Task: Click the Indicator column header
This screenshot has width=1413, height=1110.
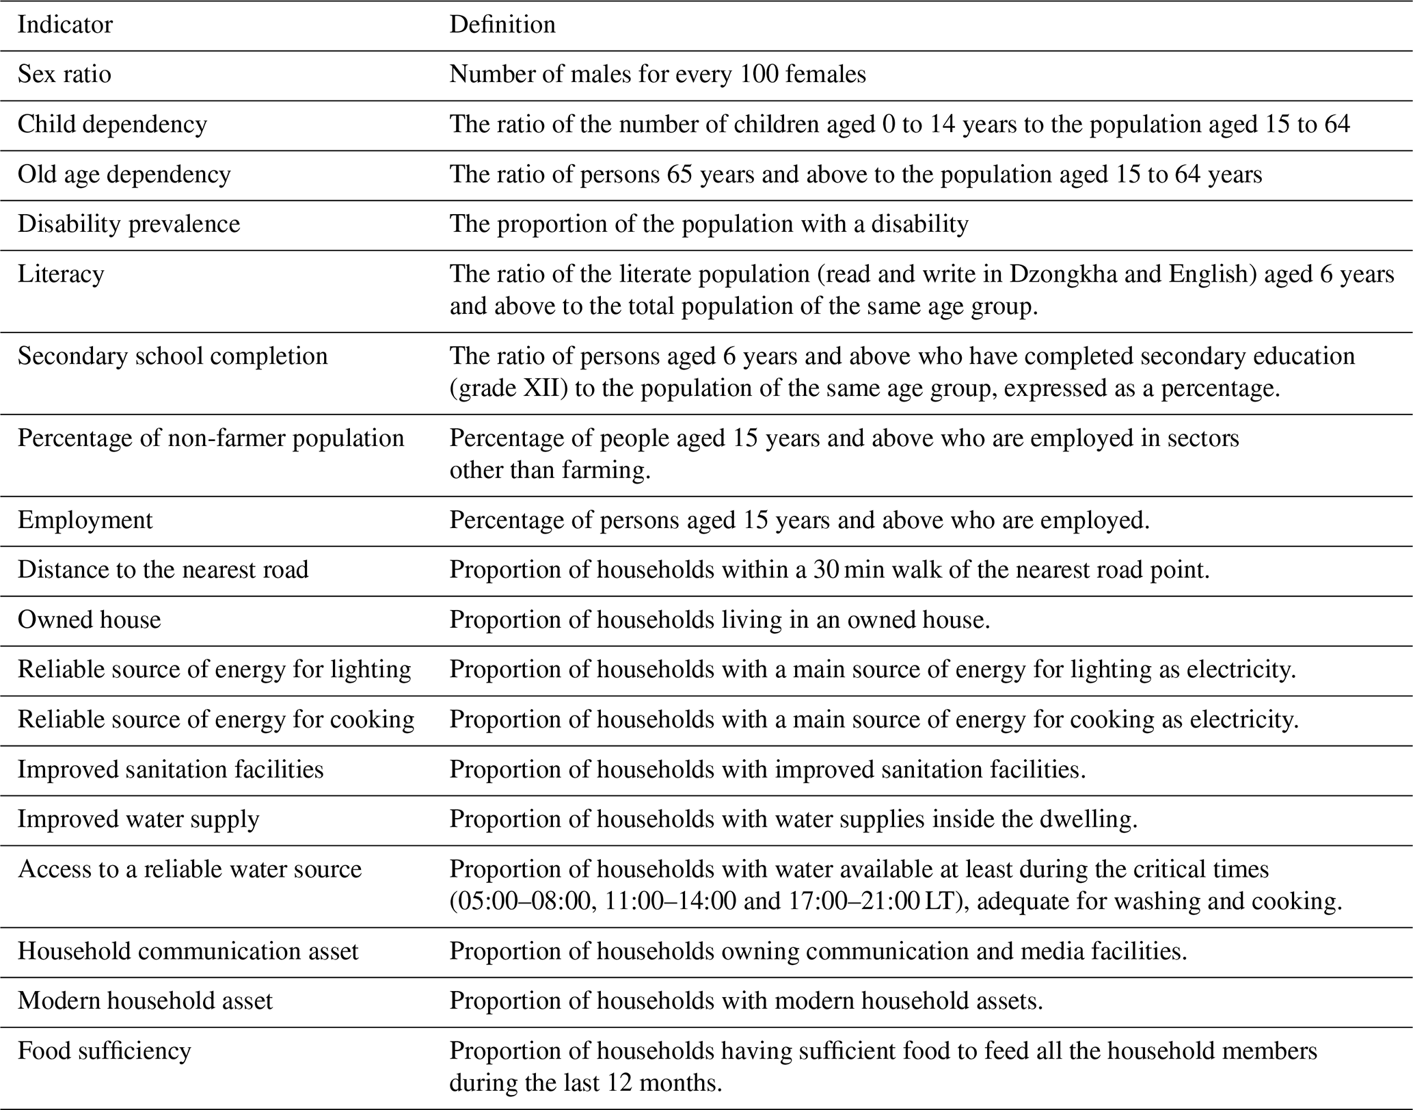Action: pyautogui.click(x=65, y=25)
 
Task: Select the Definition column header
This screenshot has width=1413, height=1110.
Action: pyautogui.click(x=502, y=25)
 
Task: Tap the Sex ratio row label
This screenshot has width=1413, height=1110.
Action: pyautogui.click(x=64, y=75)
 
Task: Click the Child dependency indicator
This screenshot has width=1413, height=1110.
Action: pyautogui.click(x=112, y=124)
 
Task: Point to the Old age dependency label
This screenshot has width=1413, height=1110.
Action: pyautogui.click(x=124, y=175)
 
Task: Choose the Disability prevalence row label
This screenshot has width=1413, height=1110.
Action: pyautogui.click(x=129, y=224)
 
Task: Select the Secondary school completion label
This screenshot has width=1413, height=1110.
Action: pyautogui.click(x=172, y=356)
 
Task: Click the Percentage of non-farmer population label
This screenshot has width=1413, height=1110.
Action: pyautogui.click(x=211, y=438)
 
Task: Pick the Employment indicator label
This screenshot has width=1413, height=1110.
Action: pyautogui.click(x=85, y=520)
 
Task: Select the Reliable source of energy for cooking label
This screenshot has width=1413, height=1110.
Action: pyautogui.click(x=215, y=720)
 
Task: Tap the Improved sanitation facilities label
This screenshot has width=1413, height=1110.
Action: pyautogui.click(x=170, y=770)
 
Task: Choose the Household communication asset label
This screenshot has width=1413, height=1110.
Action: pyautogui.click(x=187, y=951)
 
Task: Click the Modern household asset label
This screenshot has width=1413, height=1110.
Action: pyautogui.click(x=145, y=1001)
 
